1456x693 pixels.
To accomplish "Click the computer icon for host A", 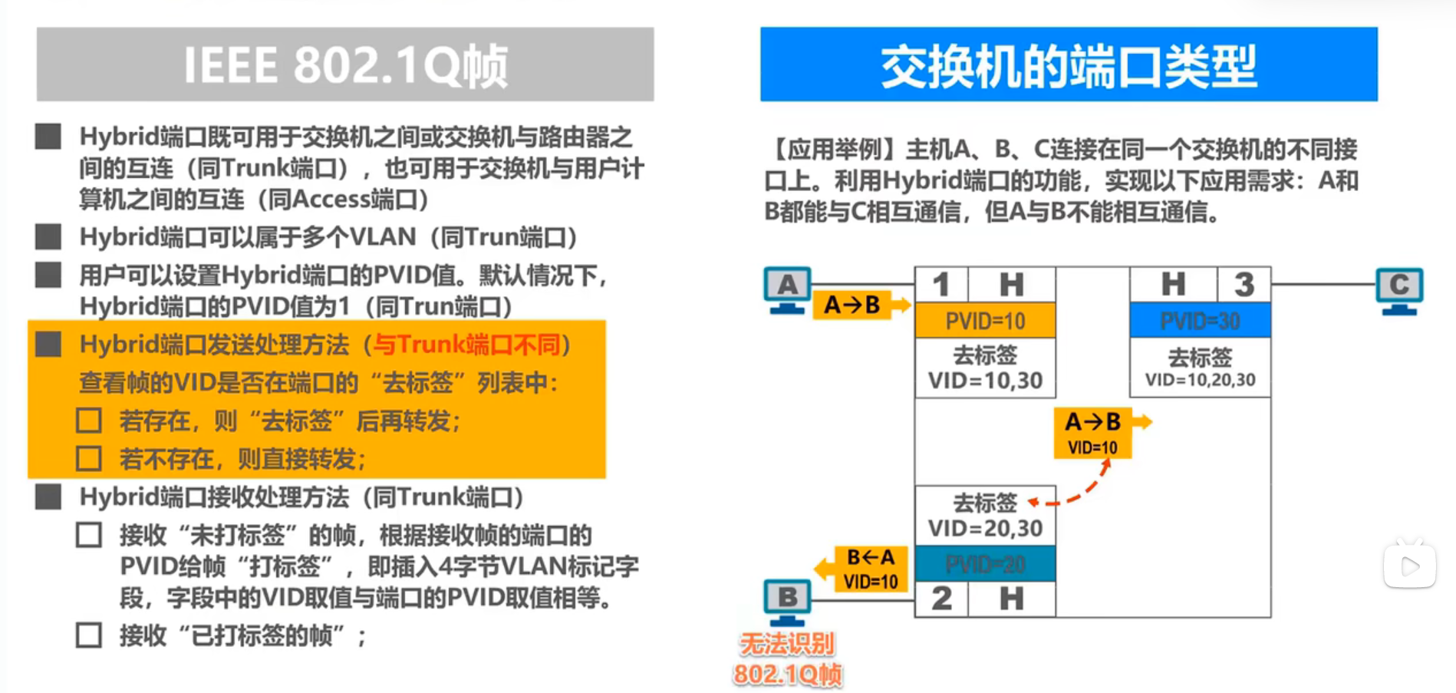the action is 787,290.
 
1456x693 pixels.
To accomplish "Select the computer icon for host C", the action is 1399,290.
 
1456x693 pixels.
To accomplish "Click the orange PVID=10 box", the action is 985,321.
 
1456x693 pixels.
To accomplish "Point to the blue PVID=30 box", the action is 1200,321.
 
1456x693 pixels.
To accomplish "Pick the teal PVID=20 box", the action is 985,565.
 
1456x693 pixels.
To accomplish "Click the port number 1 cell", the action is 941,285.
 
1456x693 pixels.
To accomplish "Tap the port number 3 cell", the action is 1244,285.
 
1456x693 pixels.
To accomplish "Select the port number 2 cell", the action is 941,599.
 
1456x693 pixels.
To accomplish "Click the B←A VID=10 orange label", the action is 870,569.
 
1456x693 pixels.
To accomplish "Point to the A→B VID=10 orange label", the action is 1092,433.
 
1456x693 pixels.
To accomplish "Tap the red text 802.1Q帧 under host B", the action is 787,675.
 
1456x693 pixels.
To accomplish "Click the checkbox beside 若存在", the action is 89,421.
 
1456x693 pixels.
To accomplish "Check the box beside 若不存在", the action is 89,459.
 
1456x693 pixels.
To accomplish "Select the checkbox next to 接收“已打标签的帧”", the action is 89,635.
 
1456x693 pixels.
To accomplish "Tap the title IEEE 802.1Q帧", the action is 345,64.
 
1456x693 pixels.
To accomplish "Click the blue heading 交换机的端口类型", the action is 1069,64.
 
